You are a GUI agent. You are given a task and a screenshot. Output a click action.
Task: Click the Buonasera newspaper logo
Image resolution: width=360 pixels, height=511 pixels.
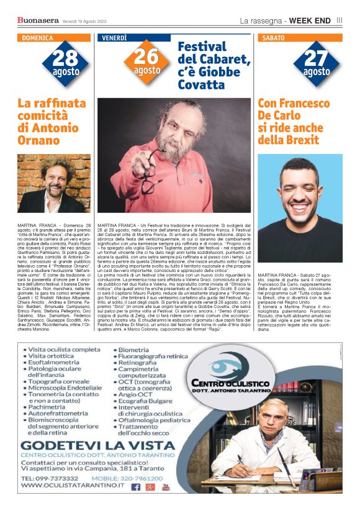[x=37, y=20]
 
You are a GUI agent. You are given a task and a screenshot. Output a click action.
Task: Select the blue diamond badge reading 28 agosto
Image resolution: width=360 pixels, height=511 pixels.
[x=65, y=63]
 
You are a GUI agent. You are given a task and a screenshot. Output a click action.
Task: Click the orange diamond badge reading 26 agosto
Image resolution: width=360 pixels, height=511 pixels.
[x=146, y=61]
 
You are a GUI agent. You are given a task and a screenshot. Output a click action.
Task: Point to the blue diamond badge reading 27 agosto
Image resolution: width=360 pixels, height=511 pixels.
[x=317, y=63]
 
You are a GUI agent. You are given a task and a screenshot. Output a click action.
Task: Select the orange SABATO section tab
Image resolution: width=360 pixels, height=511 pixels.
[x=274, y=38]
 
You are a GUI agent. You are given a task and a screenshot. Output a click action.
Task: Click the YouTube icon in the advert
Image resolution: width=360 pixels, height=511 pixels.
[x=166, y=487]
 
